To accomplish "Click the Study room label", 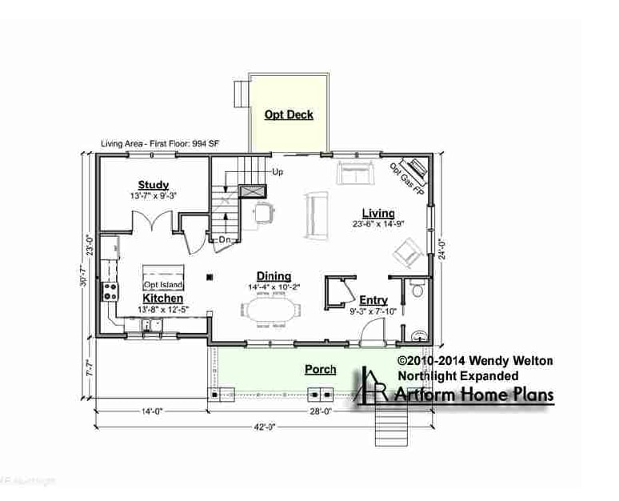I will coord(153,185).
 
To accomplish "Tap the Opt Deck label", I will coord(289,114).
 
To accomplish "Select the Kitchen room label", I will coord(163,299).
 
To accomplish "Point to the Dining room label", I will coord(274,276).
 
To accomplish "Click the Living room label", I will coord(377,213).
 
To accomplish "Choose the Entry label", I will coord(373,300).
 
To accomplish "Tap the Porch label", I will coord(320,370).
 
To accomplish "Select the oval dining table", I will coord(269,309).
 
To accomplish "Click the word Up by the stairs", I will coord(278,171).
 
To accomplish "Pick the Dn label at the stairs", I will coord(225,239).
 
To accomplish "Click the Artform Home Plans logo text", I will coord(471,395).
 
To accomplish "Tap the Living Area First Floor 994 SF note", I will coord(160,144).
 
